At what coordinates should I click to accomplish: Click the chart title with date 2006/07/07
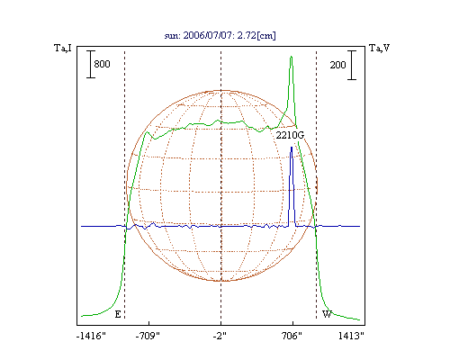220,35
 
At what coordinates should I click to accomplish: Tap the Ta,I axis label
63,48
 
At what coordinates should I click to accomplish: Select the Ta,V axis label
380,48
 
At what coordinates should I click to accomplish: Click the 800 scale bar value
102,64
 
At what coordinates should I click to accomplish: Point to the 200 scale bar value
337,65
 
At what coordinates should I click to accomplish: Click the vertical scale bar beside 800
91,64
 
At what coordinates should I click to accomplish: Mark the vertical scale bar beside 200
352,65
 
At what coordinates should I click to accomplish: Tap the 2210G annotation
290,135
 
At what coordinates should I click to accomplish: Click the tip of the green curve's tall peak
292,57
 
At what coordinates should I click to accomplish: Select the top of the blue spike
292,147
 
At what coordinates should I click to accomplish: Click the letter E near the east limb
118,314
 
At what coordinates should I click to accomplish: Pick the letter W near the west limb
327,314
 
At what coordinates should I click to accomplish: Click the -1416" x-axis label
91,336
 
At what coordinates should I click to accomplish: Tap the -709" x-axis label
148,336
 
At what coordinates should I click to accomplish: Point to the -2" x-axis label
220,336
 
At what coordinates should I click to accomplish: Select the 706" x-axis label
292,336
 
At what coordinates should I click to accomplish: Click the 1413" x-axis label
351,336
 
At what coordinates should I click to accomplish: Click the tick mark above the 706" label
292,323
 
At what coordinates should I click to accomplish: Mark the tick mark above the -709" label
148,323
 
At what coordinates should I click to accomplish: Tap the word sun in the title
172,36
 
